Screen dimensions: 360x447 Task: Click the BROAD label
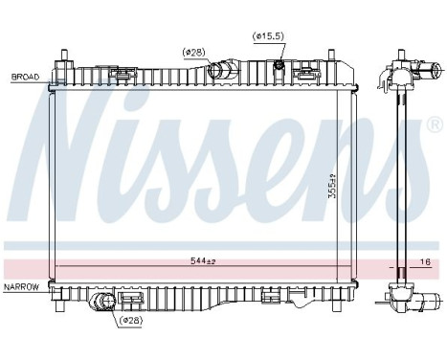pyautogui.click(x=25, y=75)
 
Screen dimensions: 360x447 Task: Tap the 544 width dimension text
pyautogui.click(x=202, y=260)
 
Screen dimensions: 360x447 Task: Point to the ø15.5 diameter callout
pyautogui.click(x=268, y=36)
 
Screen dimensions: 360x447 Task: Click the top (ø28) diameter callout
pyautogui.click(x=195, y=52)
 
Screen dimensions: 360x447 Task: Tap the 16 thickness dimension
pyautogui.click(x=424, y=260)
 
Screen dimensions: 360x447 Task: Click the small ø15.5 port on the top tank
pyautogui.click(x=278, y=66)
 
